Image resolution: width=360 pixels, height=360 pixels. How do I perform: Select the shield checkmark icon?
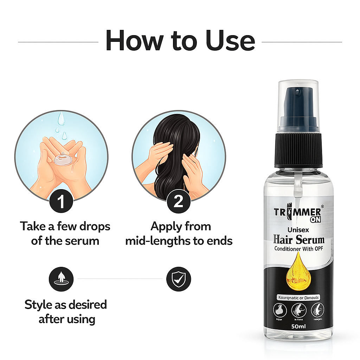[179, 279]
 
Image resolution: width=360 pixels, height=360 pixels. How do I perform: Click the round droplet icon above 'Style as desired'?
[61, 279]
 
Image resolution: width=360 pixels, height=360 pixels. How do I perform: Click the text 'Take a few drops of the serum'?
[65, 233]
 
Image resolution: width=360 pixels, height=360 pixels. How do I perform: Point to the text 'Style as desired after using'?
[66, 311]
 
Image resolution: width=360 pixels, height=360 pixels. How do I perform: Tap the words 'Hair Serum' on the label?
[298, 240]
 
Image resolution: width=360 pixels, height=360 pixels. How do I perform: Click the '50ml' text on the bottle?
[298, 326]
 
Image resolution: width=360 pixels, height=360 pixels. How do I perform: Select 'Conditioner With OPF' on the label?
[298, 249]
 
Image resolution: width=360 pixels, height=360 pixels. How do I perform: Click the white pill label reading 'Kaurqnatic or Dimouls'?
[298, 297]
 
